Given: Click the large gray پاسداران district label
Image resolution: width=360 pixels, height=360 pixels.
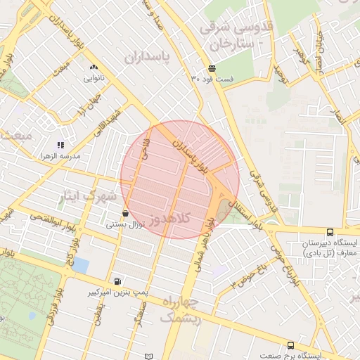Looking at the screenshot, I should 148,56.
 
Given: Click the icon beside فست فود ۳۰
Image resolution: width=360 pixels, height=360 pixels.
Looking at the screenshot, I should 212,69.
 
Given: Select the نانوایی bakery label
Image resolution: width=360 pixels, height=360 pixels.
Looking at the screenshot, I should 94,79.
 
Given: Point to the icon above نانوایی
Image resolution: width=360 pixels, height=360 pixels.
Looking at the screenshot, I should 94,67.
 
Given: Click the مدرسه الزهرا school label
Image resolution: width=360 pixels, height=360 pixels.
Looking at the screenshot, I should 60,155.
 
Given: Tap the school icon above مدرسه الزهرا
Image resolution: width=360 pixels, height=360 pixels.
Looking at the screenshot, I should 60,144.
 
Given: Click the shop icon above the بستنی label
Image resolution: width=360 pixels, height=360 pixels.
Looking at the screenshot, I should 125,213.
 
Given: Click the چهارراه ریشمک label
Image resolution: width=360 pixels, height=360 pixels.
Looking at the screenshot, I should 181,310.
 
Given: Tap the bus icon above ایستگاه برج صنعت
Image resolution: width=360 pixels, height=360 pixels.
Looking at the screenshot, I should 290,345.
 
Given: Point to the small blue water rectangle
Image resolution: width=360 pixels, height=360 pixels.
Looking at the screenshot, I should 81,266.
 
